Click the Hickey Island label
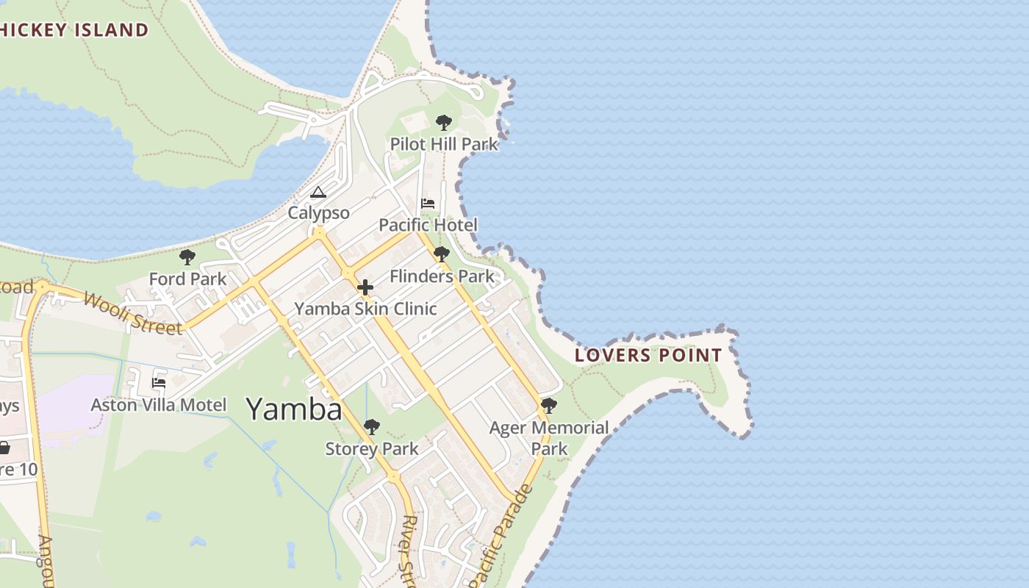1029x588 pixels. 74,30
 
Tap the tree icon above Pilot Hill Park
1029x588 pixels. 443,123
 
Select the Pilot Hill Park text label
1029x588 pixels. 444,144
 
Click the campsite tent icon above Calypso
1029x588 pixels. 318,193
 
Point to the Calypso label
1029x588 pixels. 318,213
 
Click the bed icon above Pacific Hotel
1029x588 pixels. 428,204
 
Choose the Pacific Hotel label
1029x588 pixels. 428,225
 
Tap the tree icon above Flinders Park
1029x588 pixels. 442,255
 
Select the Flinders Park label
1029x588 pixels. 442,276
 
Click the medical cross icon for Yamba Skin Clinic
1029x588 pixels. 365,287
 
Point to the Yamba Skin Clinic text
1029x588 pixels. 365,309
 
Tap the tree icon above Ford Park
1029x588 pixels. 187,257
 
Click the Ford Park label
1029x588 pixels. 187,279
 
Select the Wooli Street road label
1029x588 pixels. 132,313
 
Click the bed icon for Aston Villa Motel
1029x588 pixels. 159,383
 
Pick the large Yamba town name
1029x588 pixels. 294,409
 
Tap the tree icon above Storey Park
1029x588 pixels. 372,427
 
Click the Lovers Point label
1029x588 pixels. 648,356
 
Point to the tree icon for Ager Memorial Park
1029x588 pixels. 549,406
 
